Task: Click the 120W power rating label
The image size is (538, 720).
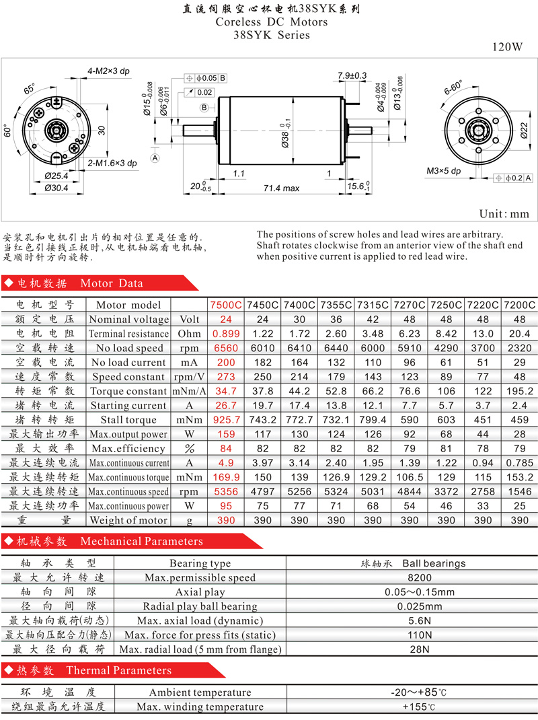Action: pos(507,47)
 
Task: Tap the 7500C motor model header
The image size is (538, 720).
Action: pos(226,305)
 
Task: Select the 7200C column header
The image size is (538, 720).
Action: pos(520,305)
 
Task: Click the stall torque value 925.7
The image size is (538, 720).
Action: pos(227,420)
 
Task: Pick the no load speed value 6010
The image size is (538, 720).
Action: pos(262,348)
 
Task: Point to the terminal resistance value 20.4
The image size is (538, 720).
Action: pos(520,334)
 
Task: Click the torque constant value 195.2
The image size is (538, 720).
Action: pos(520,391)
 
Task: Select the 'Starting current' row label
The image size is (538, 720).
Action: pos(128,406)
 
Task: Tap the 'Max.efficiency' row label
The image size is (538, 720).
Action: pos(128,448)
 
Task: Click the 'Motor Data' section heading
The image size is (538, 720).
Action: pos(112,283)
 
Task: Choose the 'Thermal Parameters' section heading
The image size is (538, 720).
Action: pos(119,670)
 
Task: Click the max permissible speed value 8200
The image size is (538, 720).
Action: pos(420,577)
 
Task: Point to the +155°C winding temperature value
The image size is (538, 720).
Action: pos(419,707)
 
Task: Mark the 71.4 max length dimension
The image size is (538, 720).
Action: pos(281,188)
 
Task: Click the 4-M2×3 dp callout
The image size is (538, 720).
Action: pos(109,71)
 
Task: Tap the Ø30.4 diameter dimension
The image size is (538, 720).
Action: pos(56,188)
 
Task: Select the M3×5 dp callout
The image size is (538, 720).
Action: pos(443,171)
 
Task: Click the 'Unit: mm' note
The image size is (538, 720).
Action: pos(504,214)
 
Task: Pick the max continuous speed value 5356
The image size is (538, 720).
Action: pos(227,491)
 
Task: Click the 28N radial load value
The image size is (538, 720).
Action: pos(420,649)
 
